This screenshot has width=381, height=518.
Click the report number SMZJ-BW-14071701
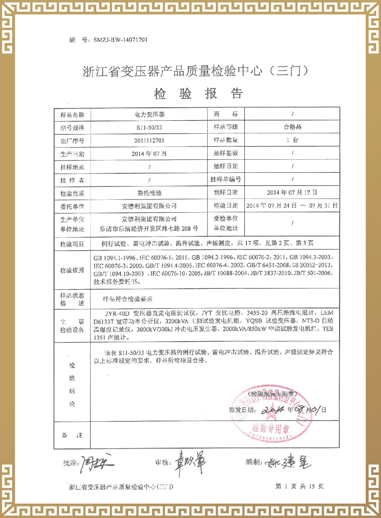point(120,40)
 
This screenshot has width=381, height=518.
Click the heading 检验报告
point(198,93)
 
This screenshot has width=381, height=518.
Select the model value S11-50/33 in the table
point(149,127)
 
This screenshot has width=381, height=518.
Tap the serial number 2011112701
point(149,141)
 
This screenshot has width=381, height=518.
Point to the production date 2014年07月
point(149,153)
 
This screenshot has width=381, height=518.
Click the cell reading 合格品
point(293,127)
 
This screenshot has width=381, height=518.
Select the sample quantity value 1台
point(293,140)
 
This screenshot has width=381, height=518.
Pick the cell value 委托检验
point(149,193)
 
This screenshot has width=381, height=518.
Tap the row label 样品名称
point(72,115)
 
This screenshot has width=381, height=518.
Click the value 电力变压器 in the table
point(149,114)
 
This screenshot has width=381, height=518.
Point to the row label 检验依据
point(72,270)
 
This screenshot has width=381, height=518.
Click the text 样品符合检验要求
point(127,299)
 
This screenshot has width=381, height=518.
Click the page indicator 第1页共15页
point(299,486)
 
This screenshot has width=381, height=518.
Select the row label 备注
point(72,435)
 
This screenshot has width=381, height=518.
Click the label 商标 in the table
point(226,114)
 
